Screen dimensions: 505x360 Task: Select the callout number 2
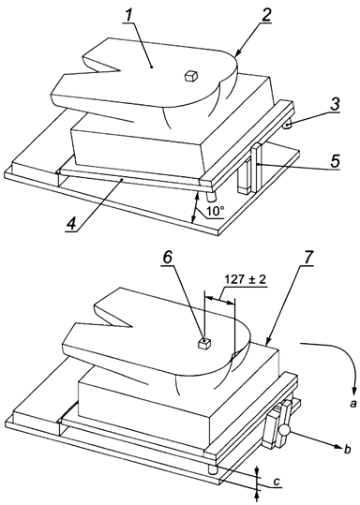pyautogui.click(x=240, y=16)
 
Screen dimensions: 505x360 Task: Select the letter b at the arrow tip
pyautogui.click(x=348, y=451)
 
